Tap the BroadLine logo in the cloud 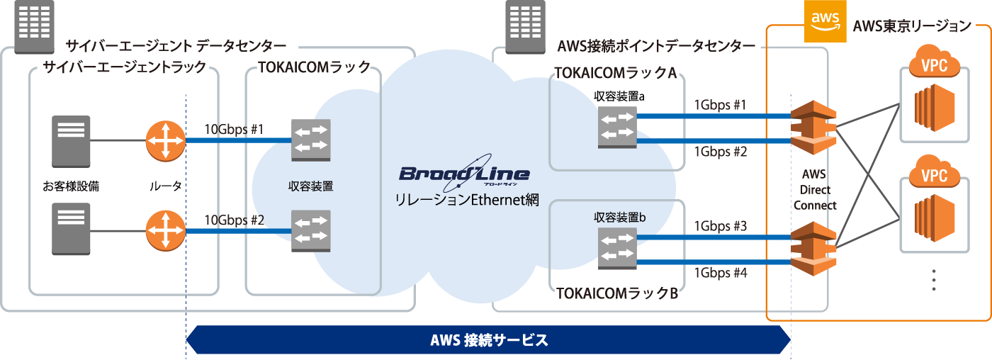[464, 173]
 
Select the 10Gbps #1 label [234, 130]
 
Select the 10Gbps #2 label [234, 220]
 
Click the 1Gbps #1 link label [720, 105]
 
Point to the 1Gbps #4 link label [720, 273]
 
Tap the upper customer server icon [71, 141]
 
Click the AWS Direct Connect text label [815, 189]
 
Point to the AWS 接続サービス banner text [489, 339]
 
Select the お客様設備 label [71, 186]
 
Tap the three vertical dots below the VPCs [934, 280]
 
